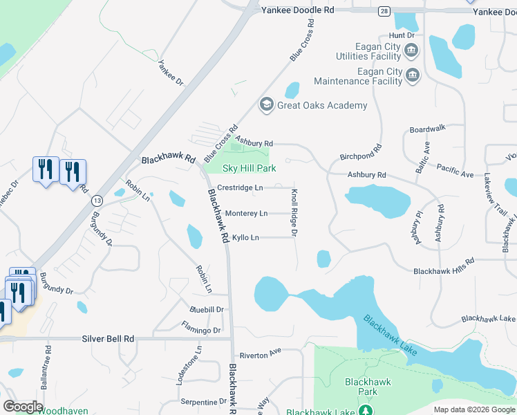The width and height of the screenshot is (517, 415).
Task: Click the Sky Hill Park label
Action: [249, 168]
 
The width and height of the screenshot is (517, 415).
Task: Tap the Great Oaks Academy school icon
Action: [265, 105]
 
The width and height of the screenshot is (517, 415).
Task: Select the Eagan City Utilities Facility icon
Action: [411, 50]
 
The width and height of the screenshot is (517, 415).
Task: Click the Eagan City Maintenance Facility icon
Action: [413, 75]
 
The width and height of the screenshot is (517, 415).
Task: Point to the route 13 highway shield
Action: [97, 201]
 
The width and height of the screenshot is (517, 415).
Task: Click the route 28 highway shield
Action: [384, 10]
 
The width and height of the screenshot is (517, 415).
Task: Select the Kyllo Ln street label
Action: [245, 238]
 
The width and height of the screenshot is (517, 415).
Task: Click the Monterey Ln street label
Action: [247, 214]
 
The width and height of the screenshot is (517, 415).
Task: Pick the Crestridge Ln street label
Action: [240, 187]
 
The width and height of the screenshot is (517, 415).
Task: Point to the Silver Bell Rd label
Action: [107, 339]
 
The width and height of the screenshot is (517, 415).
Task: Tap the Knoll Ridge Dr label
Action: [294, 213]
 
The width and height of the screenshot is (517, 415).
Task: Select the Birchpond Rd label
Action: [361, 152]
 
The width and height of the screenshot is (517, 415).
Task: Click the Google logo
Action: [23, 407]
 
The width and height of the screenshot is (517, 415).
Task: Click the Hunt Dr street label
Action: [402, 35]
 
